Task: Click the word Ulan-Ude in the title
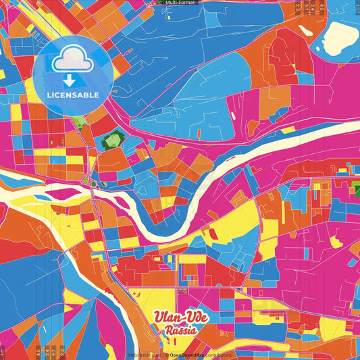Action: click(x=181, y=318)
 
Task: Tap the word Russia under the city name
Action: click(x=181, y=331)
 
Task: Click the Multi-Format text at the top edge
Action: click(x=180, y=3)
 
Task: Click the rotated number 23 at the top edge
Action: click(x=298, y=9)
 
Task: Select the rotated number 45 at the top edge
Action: click(x=322, y=9)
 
